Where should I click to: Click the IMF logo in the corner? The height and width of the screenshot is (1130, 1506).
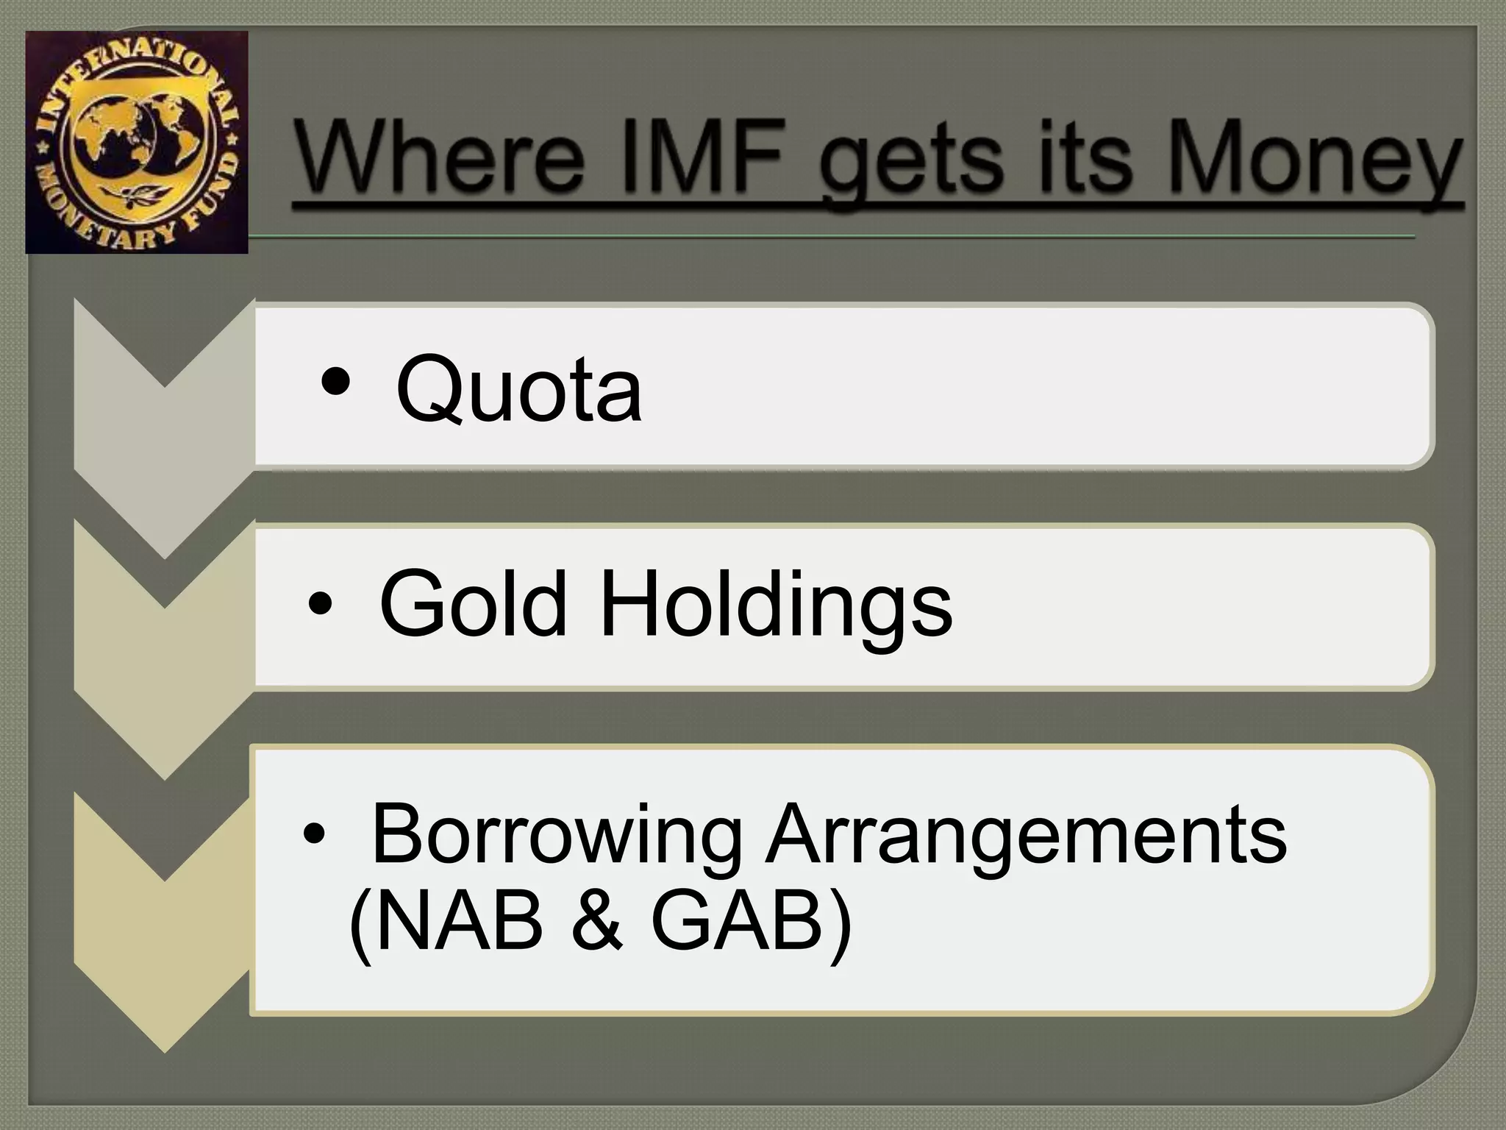point(137,142)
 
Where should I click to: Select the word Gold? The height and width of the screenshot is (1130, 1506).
point(474,604)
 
